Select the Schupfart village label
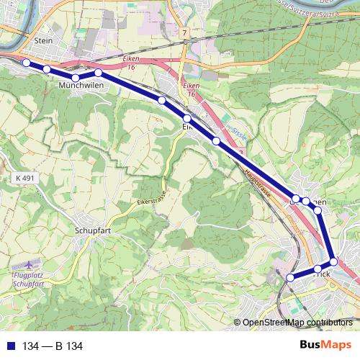tap(94, 231)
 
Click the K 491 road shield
tap(24, 177)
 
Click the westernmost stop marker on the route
tap(27, 63)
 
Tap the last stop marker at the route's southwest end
tap(291, 277)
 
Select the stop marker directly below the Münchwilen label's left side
tap(76, 78)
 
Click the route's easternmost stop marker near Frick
tap(333, 261)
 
